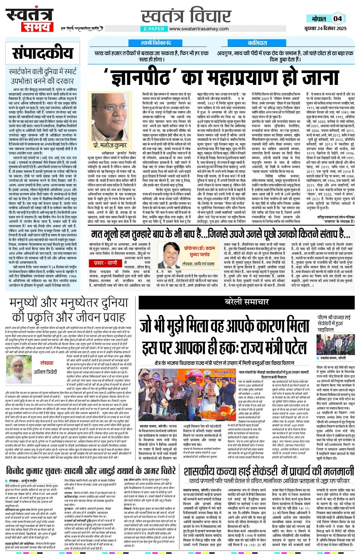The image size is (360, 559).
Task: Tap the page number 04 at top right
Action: (x=338, y=18)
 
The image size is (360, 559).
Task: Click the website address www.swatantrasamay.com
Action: (x=198, y=29)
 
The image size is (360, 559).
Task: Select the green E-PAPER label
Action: (x=154, y=29)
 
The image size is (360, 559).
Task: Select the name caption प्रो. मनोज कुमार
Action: (x=110, y=145)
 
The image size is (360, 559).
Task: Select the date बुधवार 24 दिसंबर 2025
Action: (x=325, y=28)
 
